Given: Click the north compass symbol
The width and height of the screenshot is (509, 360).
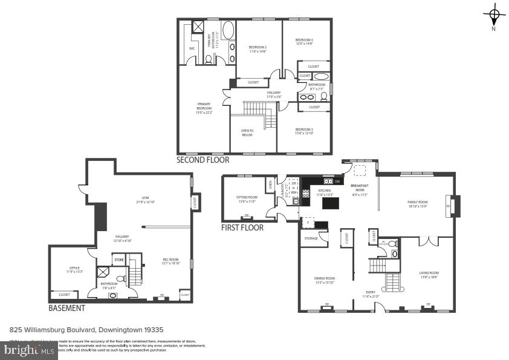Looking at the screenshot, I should pos(494,15).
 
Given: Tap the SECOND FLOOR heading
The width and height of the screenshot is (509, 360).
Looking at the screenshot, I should pos(203,160).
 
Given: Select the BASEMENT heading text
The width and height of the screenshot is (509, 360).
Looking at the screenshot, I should pos(66,308).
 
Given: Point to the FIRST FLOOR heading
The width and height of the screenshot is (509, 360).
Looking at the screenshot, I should pos(242,227).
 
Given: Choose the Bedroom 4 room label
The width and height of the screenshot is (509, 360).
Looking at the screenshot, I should pos(304,42).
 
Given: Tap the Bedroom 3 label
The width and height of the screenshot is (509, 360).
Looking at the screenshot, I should pos(304,131).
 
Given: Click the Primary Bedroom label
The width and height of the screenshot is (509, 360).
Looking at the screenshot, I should pos(204,108).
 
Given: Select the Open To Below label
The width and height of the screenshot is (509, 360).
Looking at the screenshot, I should pos(247,133).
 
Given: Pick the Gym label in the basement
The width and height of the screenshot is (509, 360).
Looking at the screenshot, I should pos(144,200).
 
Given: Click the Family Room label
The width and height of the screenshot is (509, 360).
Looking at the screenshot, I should pos(417,204).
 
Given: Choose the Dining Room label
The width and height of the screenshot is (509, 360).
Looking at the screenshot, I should pos(325,280).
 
